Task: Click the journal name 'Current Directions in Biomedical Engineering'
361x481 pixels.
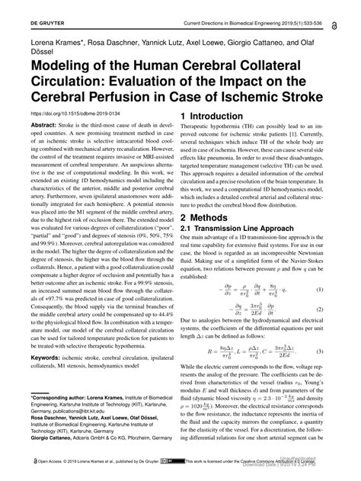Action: [x=251, y=7]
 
